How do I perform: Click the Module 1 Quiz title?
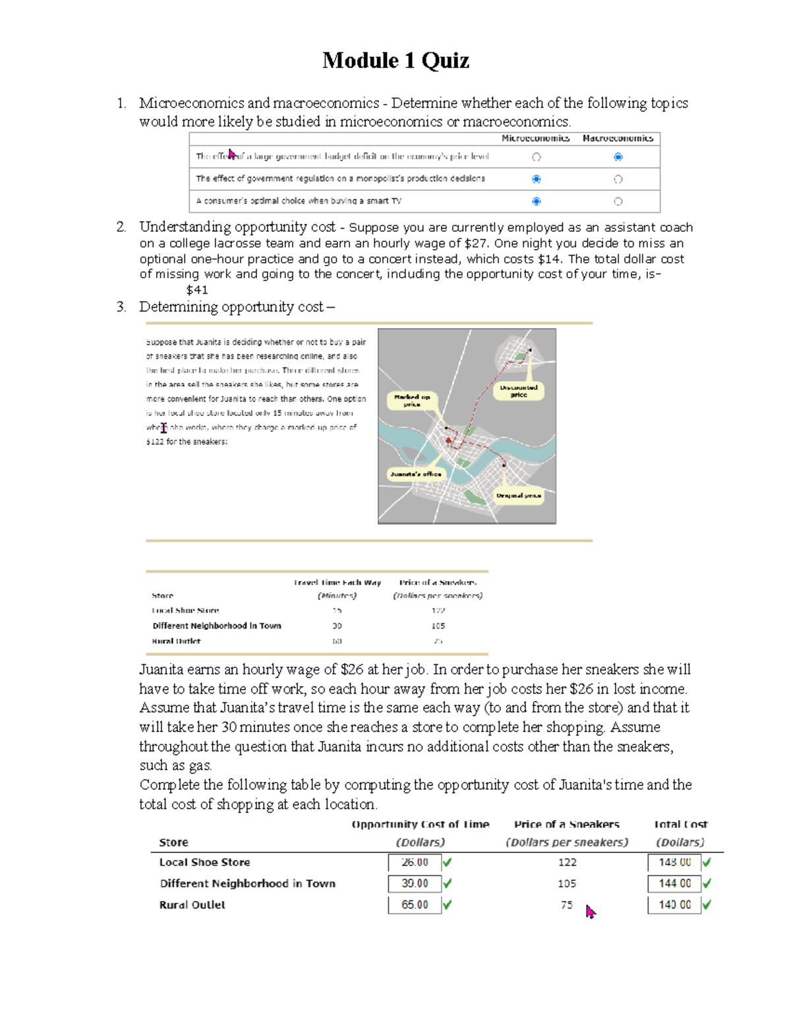pyautogui.click(x=395, y=61)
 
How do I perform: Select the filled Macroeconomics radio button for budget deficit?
pyautogui.click(x=618, y=157)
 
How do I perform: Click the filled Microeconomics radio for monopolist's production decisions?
pyautogui.click(x=536, y=179)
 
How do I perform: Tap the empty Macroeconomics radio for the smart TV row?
pyautogui.click(x=618, y=202)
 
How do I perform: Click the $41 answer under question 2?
pyautogui.click(x=197, y=290)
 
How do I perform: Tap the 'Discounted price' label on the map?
pyautogui.click(x=519, y=391)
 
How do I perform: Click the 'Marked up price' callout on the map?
pyautogui.click(x=412, y=401)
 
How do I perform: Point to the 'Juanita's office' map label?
pyautogui.click(x=416, y=474)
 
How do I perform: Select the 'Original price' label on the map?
pyautogui.click(x=519, y=495)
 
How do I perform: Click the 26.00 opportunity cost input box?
pyautogui.click(x=415, y=862)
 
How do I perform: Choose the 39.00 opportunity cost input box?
pyautogui.click(x=415, y=883)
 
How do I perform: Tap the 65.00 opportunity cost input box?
pyautogui.click(x=415, y=904)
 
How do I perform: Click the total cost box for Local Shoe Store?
pyautogui.click(x=674, y=862)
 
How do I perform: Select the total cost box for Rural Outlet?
pyautogui.click(x=674, y=904)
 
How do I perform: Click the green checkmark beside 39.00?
pyautogui.click(x=448, y=883)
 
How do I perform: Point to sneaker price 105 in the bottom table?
pyautogui.click(x=567, y=883)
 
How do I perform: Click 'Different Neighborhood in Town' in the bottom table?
pyautogui.click(x=247, y=883)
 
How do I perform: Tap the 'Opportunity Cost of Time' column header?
pyautogui.click(x=421, y=825)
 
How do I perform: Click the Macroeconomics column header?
pyautogui.click(x=618, y=138)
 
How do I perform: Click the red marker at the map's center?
pyautogui.click(x=449, y=440)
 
